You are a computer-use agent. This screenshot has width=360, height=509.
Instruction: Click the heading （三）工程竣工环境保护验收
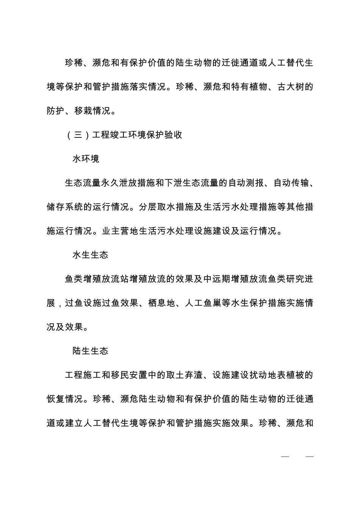(x=124, y=135)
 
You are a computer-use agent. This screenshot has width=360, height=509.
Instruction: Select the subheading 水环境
(x=86, y=159)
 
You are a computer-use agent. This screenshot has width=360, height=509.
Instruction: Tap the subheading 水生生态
(x=90, y=255)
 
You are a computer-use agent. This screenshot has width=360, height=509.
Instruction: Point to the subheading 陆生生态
(x=90, y=351)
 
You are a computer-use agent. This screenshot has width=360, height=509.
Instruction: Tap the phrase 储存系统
(x=65, y=207)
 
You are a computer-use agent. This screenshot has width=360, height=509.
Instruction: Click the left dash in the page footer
(x=285, y=457)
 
